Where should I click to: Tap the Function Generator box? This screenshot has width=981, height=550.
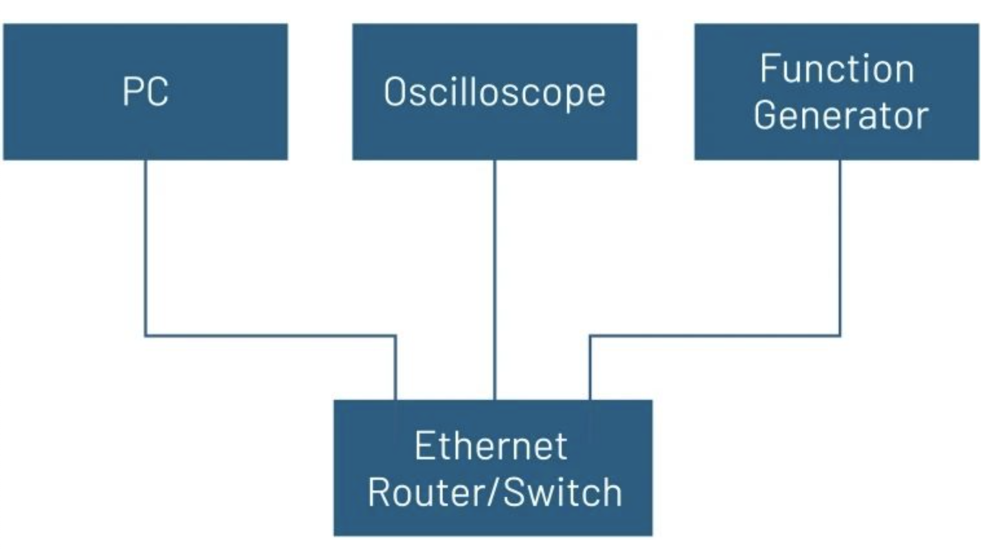[836, 146]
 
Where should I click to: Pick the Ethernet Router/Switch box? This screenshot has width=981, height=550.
[492, 521]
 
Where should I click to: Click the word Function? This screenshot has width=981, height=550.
[837, 69]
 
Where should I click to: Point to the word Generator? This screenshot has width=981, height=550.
[841, 115]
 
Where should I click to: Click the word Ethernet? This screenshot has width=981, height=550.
[490, 446]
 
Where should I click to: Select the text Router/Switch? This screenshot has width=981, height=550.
[494, 492]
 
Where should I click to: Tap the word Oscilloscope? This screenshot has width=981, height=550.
[494, 92]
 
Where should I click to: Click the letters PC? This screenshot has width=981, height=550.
[145, 91]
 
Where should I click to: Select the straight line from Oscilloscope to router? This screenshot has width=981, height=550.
[494, 278]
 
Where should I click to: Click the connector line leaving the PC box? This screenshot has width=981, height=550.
[145, 246]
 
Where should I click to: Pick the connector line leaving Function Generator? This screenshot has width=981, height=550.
[840, 246]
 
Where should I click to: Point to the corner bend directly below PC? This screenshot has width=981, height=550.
[145, 335]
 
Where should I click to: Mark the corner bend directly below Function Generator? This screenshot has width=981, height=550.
[840, 335]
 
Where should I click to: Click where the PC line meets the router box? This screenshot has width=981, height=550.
[395, 399]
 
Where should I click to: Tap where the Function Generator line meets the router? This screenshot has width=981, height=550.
[590, 399]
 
